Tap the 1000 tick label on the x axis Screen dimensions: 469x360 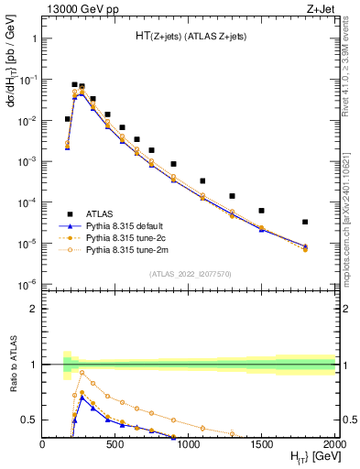point(190,443)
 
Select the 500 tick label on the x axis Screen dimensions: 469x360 point(115,443)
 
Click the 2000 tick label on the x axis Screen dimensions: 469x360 point(335,443)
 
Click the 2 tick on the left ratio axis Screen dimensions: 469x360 point(34,309)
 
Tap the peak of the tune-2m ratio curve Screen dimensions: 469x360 point(82,372)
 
